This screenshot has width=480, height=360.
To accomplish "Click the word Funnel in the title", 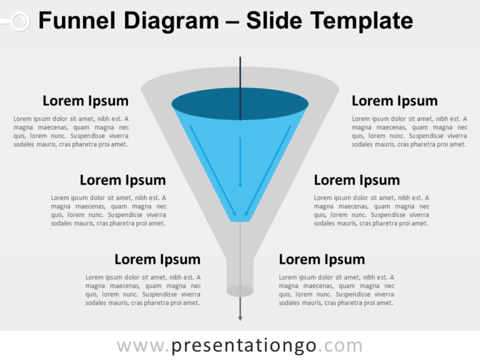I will coord(76,21).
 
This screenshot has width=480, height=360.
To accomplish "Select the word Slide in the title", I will coord(275,21).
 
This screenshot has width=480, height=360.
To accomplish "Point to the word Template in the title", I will coord(362,21).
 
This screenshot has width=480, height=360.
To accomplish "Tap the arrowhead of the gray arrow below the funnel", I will coord(240,318).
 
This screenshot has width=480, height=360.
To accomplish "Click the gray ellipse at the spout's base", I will coord(240,291).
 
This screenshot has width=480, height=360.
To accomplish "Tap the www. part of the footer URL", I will coord(143,346).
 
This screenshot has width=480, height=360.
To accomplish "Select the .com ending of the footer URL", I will coord(341,346).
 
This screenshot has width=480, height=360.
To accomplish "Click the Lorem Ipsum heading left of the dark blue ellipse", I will coord(86,101).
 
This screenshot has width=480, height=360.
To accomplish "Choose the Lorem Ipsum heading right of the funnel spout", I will coord(322,259).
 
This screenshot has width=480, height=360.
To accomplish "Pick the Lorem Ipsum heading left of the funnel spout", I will coord(157,259).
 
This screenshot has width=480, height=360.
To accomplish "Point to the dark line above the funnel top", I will coord(240,72).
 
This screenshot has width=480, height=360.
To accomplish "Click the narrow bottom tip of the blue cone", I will coord(240,218).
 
